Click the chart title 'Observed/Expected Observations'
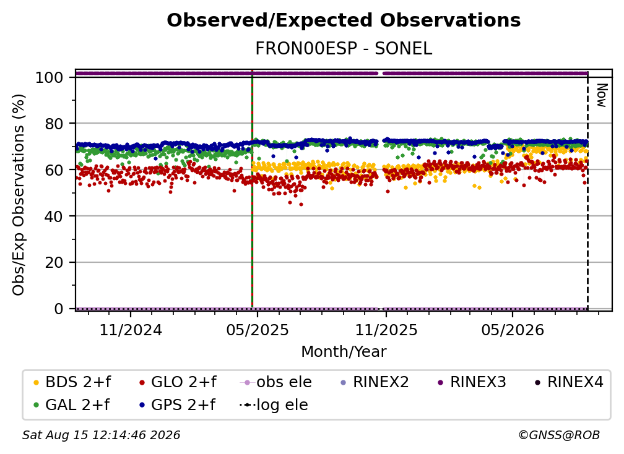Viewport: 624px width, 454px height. click(344, 20)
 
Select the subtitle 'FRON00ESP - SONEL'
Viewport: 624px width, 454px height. click(344, 49)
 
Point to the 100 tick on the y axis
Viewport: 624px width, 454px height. click(50, 77)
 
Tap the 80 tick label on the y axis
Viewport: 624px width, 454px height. click(54, 124)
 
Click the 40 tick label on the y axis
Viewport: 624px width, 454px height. click(54, 216)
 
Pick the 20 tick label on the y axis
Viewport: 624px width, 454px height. click(54, 262)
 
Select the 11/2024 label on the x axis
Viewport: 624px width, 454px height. click(131, 330)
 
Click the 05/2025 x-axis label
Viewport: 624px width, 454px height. click(258, 330)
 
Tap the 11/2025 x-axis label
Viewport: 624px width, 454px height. click(386, 330)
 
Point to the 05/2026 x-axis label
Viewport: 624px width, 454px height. click(513, 330)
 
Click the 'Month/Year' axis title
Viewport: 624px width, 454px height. click(344, 351)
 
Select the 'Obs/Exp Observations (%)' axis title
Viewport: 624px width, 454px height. click(19, 194)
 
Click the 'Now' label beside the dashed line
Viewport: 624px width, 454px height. click(601, 95)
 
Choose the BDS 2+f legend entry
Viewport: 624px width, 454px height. click(72, 382)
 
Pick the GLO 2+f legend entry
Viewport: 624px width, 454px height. click(178, 382)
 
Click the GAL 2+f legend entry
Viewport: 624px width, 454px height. click(72, 405)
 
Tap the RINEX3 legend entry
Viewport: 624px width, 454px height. click(472, 382)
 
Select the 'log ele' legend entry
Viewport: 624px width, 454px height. click(274, 405)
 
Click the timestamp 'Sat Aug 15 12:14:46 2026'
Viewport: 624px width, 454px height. click(101, 435)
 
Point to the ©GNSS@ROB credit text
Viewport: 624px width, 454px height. click(559, 435)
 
